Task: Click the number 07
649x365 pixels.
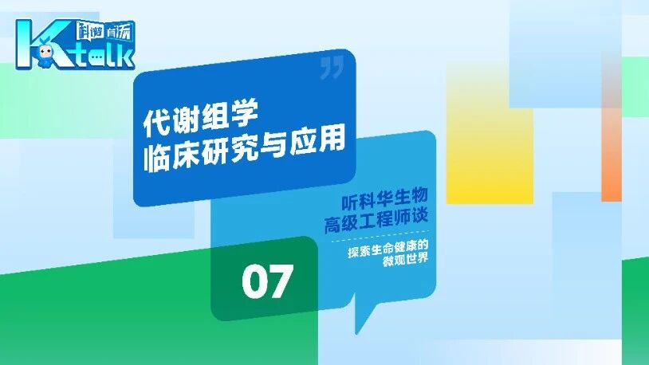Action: point(268,281)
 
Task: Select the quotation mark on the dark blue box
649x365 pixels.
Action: point(332,68)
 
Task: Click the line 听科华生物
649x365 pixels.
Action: point(384,198)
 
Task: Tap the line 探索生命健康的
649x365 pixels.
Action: point(387,249)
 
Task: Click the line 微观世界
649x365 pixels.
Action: point(405,260)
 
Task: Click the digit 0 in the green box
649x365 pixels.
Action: point(255,282)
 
